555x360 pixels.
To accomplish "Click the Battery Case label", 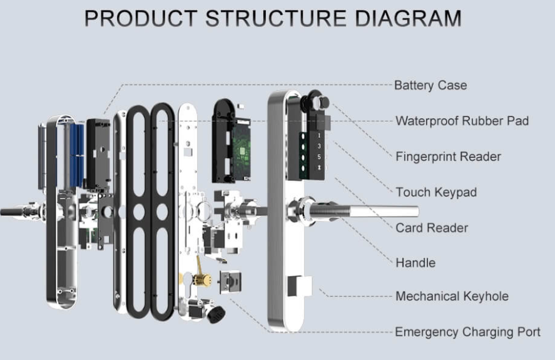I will pyautogui.click(x=430, y=85).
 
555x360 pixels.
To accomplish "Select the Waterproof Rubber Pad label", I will pyautogui.click(x=462, y=121).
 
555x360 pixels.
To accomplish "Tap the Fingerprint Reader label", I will pyautogui.click(x=448, y=157).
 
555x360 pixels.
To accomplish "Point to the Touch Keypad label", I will pyautogui.click(x=435, y=192).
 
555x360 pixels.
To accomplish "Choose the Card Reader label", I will pyautogui.click(x=432, y=228).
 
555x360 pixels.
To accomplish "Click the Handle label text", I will pyautogui.click(x=415, y=263).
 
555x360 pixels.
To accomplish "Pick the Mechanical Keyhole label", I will pyautogui.click(x=452, y=296).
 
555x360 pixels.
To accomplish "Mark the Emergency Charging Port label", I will pyautogui.click(x=467, y=332).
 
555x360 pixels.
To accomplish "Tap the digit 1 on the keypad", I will pyautogui.click(x=318, y=135).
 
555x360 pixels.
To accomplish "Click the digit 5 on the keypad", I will pyautogui.click(x=318, y=157).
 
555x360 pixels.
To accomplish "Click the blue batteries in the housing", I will pyautogui.click(x=75, y=153).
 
